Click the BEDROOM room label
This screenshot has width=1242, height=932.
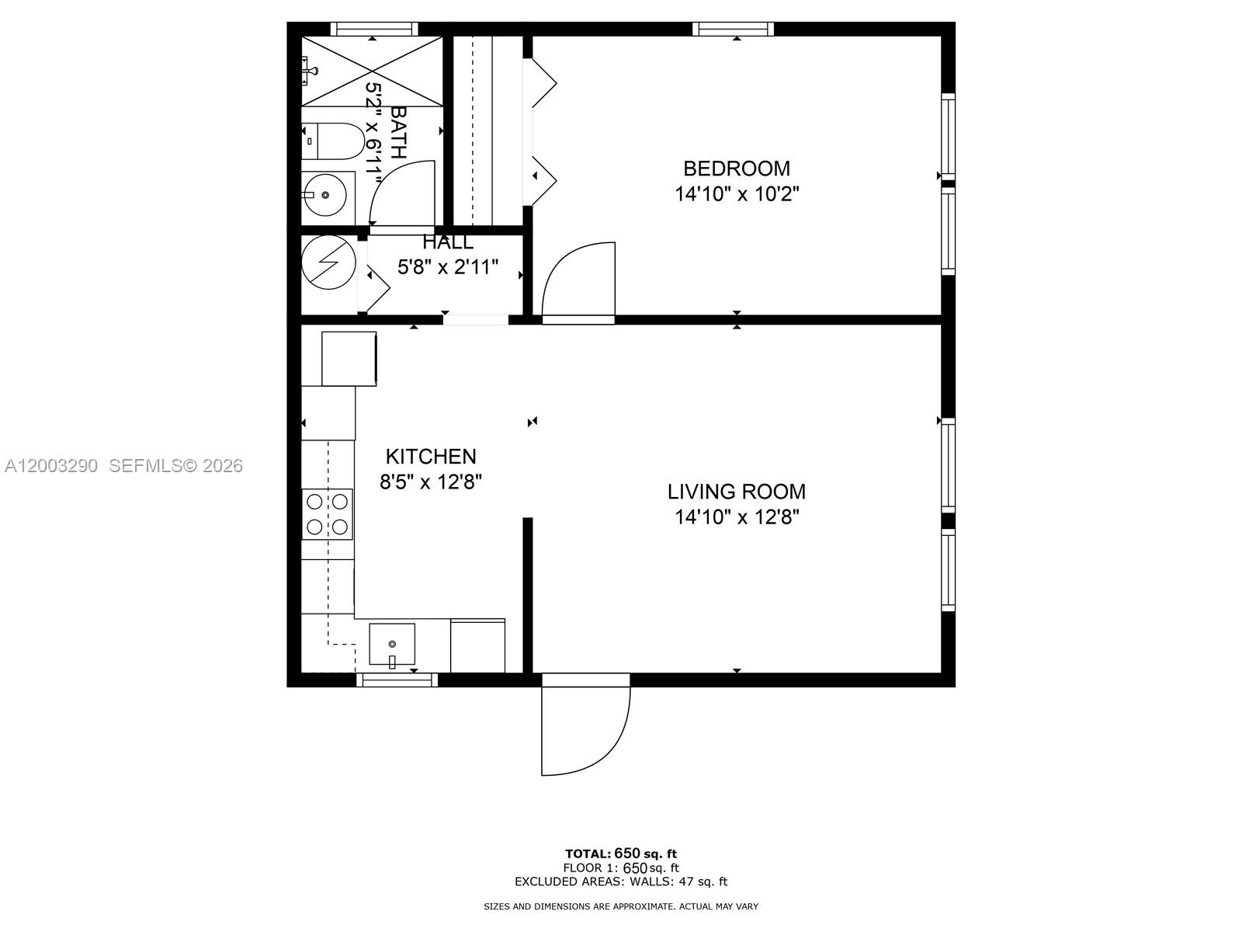(x=736, y=168)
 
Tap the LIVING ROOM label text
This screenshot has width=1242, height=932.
(x=736, y=491)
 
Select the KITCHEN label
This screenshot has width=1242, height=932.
(x=431, y=456)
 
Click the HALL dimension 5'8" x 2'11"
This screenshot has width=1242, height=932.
(x=448, y=268)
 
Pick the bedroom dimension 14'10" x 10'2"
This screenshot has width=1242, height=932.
(x=736, y=194)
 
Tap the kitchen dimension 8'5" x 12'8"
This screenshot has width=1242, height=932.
(x=431, y=482)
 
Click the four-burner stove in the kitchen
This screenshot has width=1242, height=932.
(x=327, y=514)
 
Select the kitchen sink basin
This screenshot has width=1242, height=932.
(x=392, y=644)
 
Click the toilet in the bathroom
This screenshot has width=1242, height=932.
(x=332, y=141)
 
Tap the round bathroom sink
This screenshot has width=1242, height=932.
(x=324, y=195)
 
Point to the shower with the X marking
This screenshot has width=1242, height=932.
(x=372, y=71)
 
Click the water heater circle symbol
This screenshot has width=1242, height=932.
(x=328, y=262)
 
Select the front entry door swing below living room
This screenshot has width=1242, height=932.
(x=582, y=726)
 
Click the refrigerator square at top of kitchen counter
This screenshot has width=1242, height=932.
(x=349, y=358)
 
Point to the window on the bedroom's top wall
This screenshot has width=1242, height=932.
(x=734, y=30)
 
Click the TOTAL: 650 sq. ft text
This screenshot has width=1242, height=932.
(x=620, y=854)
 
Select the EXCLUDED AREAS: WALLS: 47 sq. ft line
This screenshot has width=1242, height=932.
(x=620, y=882)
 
